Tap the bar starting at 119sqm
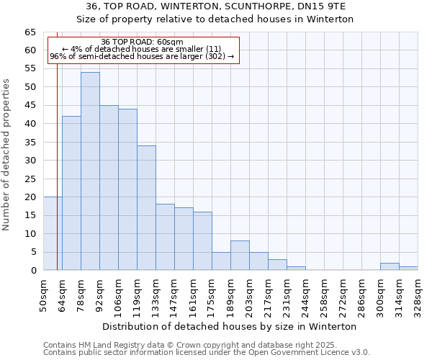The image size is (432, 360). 146,208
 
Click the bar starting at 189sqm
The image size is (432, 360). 240,256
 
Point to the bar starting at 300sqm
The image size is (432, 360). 390,266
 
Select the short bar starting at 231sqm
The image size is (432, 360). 296,269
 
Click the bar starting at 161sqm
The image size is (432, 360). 202,241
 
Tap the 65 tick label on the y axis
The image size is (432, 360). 30,32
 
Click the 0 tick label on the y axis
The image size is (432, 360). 32,271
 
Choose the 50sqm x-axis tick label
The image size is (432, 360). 43,294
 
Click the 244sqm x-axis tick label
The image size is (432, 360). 305,294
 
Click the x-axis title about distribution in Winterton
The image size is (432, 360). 230,326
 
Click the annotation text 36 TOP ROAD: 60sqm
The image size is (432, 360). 142,42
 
